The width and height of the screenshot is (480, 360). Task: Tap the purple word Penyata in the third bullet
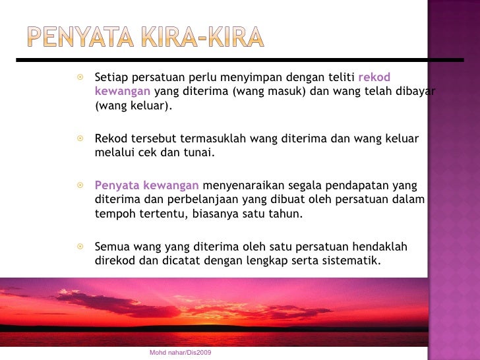coord(114,185)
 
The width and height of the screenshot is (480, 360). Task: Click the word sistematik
coord(353,260)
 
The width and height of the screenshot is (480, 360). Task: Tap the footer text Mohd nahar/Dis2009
coord(180,353)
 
